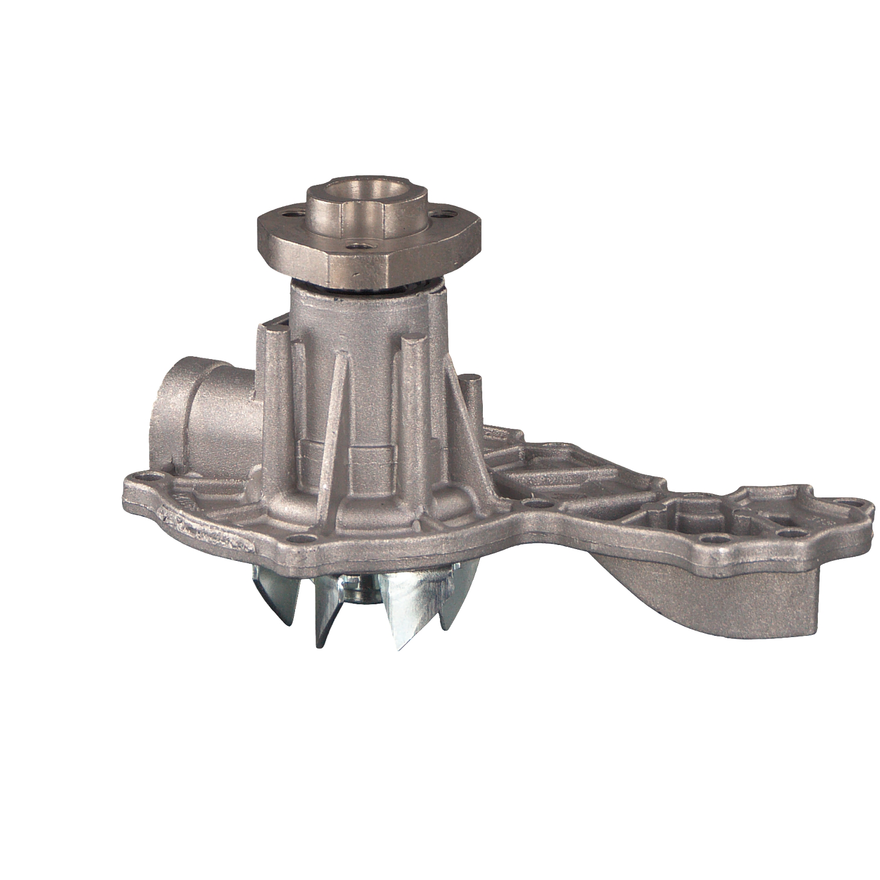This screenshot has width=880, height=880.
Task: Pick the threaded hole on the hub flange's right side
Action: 447,215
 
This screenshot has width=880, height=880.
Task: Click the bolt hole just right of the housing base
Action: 531,503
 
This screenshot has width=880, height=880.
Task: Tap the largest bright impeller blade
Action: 411,610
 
